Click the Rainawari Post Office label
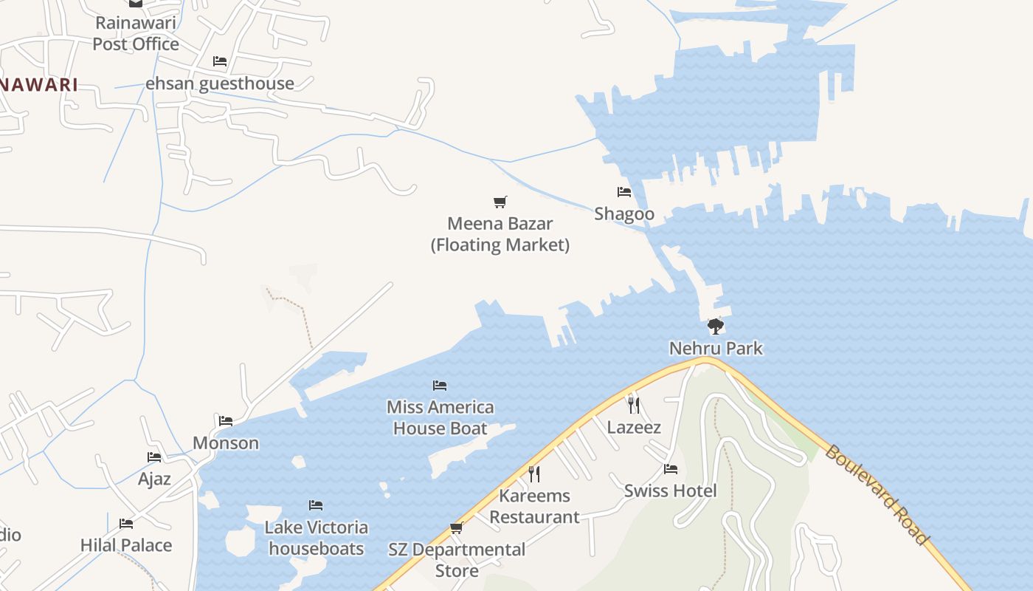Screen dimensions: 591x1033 click(x=135, y=33)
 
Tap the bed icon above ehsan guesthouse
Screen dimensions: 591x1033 click(x=219, y=61)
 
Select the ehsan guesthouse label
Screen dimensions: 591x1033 click(x=220, y=83)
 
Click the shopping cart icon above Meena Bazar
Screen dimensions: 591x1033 click(x=500, y=202)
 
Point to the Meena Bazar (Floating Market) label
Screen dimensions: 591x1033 click(x=500, y=234)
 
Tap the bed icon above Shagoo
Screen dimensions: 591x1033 click(x=624, y=192)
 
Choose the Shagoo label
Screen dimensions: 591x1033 click(x=624, y=214)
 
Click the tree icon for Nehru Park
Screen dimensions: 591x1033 click(x=715, y=326)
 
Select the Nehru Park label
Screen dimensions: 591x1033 click(x=716, y=348)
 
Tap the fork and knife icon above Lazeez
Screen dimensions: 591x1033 click(x=633, y=405)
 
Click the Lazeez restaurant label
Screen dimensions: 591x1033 click(x=634, y=427)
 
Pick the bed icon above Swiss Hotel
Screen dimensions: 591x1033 click(x=670, y=468)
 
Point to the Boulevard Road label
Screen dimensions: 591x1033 click(x=876, y=494)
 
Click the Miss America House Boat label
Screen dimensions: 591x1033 click(x=441, y=417)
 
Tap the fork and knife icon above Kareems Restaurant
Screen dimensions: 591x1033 click(x=534, y=474)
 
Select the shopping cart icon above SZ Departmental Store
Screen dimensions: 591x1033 click(x=456, y=527)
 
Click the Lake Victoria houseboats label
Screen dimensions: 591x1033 click(x=317, y=538)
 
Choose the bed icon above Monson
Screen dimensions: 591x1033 click(x=226, y=421)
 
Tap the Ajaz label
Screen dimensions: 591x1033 click(x=154, y=479)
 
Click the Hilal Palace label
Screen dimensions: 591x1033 click(x=126, y=545)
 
